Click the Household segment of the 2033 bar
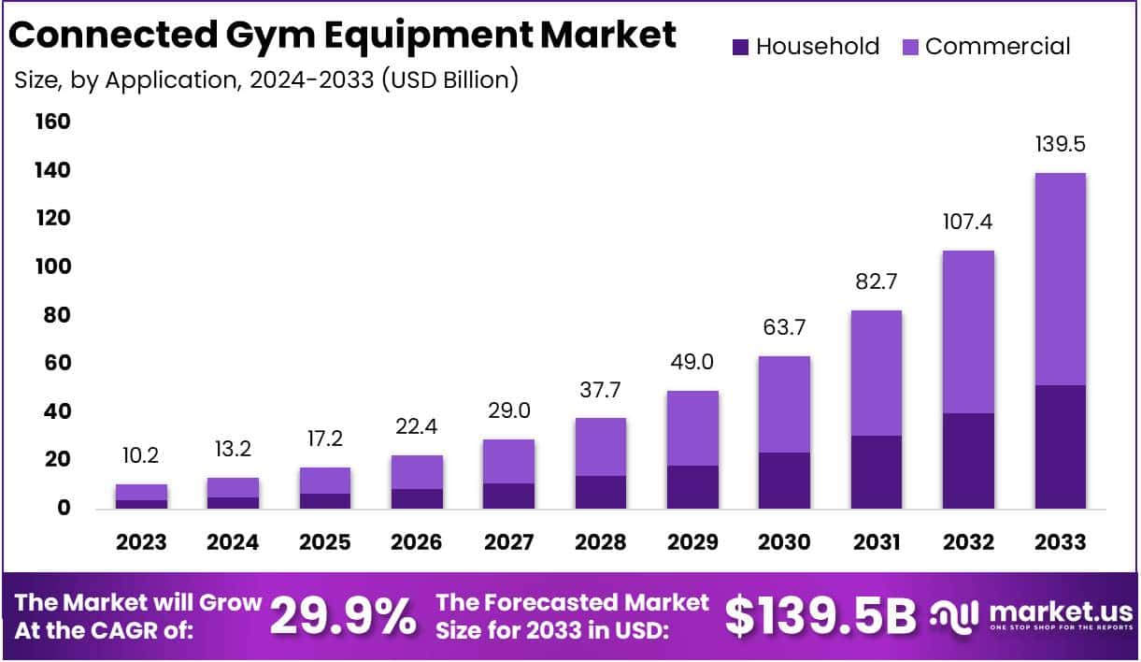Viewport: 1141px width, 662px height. click(1060, 447)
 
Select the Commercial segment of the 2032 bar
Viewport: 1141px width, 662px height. click(968, 332)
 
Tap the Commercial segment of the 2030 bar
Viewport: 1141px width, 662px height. click(783, 404)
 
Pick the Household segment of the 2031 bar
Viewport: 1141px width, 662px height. click(876, 472)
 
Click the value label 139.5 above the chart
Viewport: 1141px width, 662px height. click(1060, 145)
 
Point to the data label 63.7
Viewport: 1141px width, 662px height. click(783, 328)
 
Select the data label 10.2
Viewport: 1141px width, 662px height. click(141, 456)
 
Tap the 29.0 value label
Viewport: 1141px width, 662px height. click(508, 411)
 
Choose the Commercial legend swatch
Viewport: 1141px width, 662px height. click(910, 47)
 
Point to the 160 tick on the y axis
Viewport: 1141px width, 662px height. click(52, 122)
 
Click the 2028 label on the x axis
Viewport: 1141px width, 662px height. click(600, 542)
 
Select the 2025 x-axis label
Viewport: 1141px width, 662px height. click(324, 542)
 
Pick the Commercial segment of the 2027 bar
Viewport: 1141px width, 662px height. click(508, 461)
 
